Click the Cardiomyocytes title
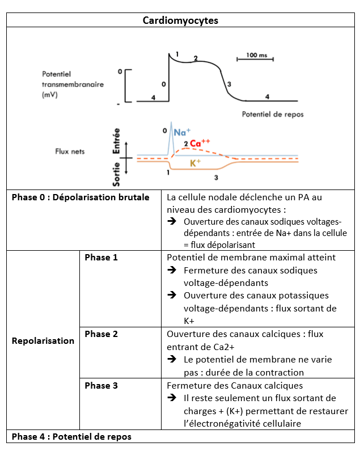coord(180,20)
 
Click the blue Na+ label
coord(181,132)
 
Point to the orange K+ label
coord(196,163)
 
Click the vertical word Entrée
coord(117,141)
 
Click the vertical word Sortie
coord(117,174)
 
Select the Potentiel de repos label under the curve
coord(272,114)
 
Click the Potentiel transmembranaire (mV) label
coord(73,85)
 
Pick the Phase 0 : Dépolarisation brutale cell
coord(81,197)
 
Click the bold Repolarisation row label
coord(43,341)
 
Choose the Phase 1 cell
coord(101,258)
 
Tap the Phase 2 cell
coord(101,334)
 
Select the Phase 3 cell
coord(101,386)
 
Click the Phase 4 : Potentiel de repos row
coord(71,437)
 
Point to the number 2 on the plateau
coord(196,58)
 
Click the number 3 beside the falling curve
coord(228,85)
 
